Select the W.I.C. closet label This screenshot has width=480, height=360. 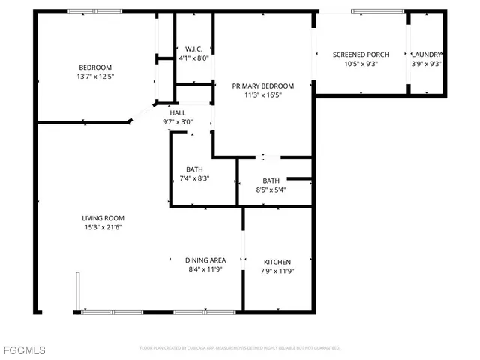pyautogui.click(x=194, y=49)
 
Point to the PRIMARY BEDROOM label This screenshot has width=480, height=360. pyautogui.click(x=262, y=86)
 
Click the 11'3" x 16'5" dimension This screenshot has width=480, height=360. pyautogui.click(x=262, y=96)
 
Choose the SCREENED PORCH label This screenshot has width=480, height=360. pyautogui.click(x=360, y=55)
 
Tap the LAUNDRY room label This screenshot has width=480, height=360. pyautogui.click(x=427, y=55)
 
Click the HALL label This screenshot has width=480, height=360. pyautogui.click(x=178, y=112)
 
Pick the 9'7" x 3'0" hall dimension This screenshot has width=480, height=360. pyautogui.click(x=178, y=121)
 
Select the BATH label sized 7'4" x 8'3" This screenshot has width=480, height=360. pyautogui.click(x=194, y=169)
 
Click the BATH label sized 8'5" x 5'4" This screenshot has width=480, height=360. pyautogui.click(x=271, y=181)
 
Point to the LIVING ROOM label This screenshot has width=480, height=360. pyautogui.click(x=102, y=218)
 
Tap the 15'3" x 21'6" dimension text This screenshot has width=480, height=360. pyautogui.click(x=102, y=228)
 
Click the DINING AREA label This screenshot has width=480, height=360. pyautogui.click(x=205, y=260)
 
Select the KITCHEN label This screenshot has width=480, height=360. pyautogui.click(x=277, y=262)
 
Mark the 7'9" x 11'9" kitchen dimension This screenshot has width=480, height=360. pyautogui.click(x=277, y=271)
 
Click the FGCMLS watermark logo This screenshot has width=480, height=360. pyautogui.click(x=23, y=350)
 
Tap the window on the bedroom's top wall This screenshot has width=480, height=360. pyautogui.click(x=95, y=11)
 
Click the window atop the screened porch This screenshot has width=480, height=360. pyautogui.click(x=379, y=11)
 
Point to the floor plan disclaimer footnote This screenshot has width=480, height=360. pyautogui.click(x=240, y=348)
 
